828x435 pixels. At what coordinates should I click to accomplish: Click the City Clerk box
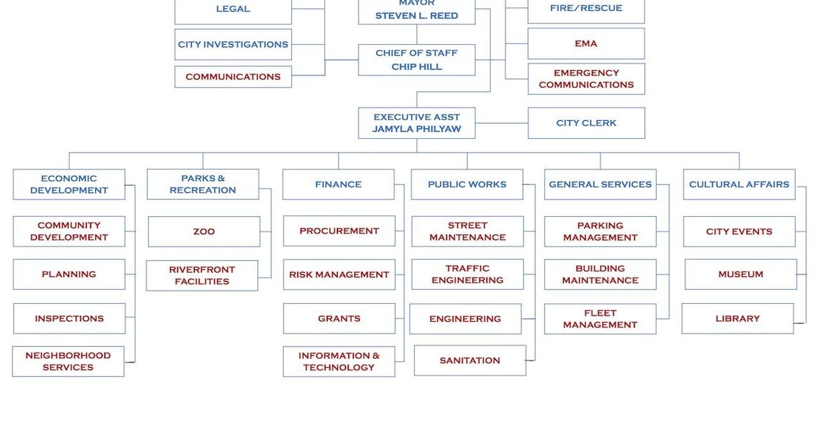pyautogui.click(x=586, y=123)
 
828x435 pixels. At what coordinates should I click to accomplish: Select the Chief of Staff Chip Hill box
pyautogui.click(x=416, y=60)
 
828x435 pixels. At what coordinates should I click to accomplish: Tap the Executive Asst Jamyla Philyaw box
pyautogui.click(x=416, y=123)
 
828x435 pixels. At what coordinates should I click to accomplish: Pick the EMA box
pyautogui.click(x=586, y=43)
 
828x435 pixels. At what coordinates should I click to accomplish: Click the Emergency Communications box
pyautogui.click(x=586, y=79)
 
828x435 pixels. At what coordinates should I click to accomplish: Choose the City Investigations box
pyautogui.click(x=233, y=44)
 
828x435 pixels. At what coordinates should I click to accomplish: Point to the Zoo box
pyautogui.click(x=204, y=232)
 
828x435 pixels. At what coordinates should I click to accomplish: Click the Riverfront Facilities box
pyautogui.click(x=202, y=275)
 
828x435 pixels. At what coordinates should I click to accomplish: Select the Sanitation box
pyautogui.click(x=470, y=360)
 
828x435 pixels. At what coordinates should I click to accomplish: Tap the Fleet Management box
pyautogui.click(x=600, y=319)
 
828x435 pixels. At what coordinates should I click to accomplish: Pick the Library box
pyautogui.click(x=737, y=318)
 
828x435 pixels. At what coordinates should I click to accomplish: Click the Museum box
pyautogui.click(x=740, y=274)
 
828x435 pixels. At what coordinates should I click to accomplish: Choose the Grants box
pyautogui.click(x=339, y=318)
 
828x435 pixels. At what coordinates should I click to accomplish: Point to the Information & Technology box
pyautogui.click(x=339, y=362)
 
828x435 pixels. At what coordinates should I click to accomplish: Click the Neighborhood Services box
pyautogui.click(x=68, y=362)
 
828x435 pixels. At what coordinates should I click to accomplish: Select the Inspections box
pyautogui.click(x=69, y=318)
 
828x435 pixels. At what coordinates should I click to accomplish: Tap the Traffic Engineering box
pyautogui.click(x=467, y=274)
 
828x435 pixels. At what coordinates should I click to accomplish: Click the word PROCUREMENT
pyautogui.click(x=339, y=231)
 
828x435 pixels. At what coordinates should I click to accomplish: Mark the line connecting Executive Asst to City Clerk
pyautogui.click(x=502, y=123)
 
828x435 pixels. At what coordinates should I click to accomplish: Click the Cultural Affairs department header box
pyautogui.click(x=739, y=184)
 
